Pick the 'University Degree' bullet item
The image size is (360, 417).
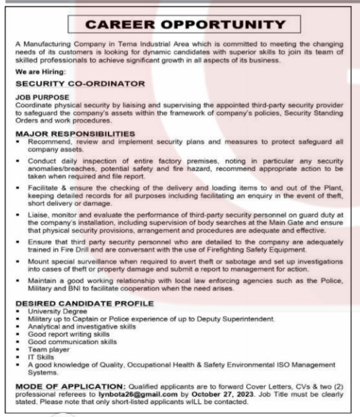coord(57,311)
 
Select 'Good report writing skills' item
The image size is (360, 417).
coord(68,333)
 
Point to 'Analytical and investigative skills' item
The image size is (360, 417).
coord(82,326)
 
